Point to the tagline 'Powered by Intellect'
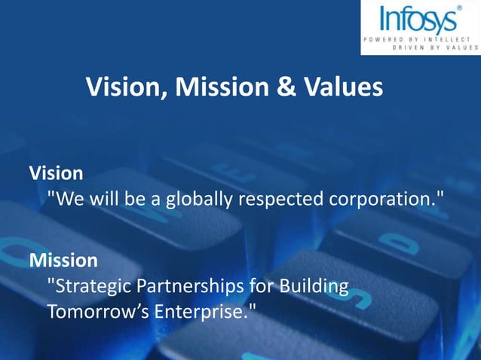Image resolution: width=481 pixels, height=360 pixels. pos(421,38)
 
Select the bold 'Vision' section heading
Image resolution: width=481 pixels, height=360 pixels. pos(56,173)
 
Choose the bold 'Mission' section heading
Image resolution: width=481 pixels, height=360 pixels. pos(63,261)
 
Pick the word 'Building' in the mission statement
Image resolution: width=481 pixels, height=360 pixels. pos(314,287)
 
